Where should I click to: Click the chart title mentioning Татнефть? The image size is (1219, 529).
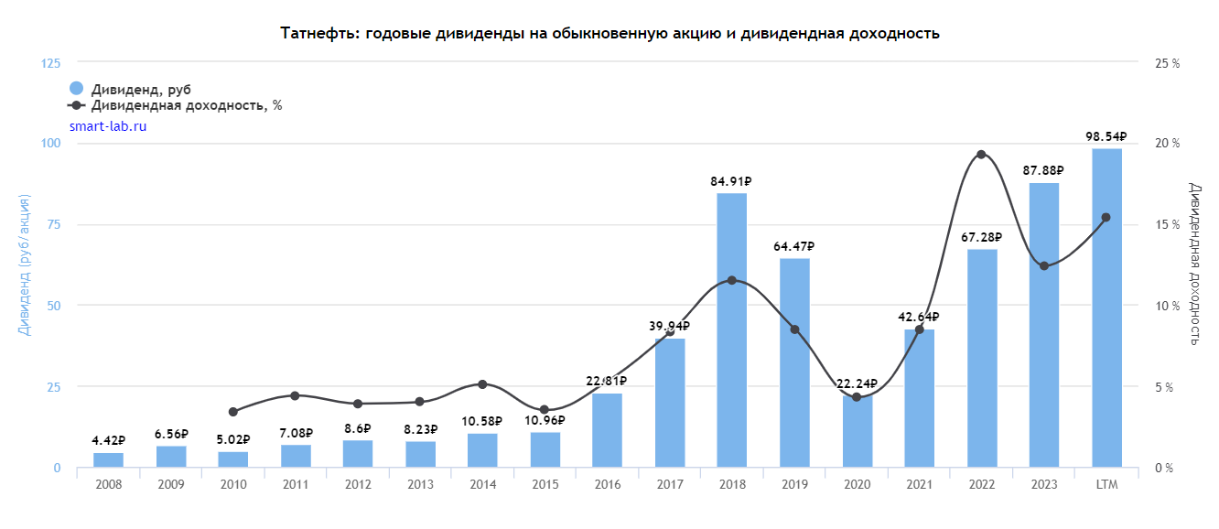[x=609, y=34]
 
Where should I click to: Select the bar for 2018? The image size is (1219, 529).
[x=731, y=329]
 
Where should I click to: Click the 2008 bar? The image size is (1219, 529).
[x=108, y=460]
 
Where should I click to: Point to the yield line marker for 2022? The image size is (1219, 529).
[x=981, y=155]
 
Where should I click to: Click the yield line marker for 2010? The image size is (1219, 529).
[x=232, y=412]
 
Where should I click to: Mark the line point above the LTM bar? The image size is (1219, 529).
[x=1106, y=218]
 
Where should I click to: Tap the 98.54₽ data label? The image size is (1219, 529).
[x=1106, y=136]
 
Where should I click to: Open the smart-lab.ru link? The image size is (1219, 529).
[x=108, y=126]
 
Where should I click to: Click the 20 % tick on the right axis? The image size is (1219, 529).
[x=1167, y=144]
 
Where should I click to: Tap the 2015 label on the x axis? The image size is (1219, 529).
[x=545, y=484]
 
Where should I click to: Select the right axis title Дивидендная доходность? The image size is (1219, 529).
[x=1194, y=264]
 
